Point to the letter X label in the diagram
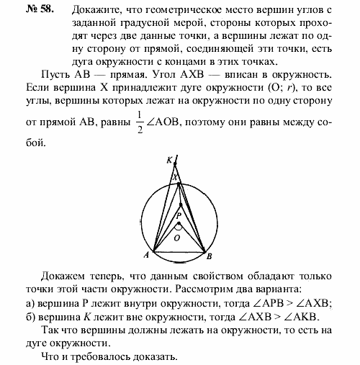(x=174, y=177)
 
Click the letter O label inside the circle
(x=176, y=235)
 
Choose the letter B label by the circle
(x=209, y=256)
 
